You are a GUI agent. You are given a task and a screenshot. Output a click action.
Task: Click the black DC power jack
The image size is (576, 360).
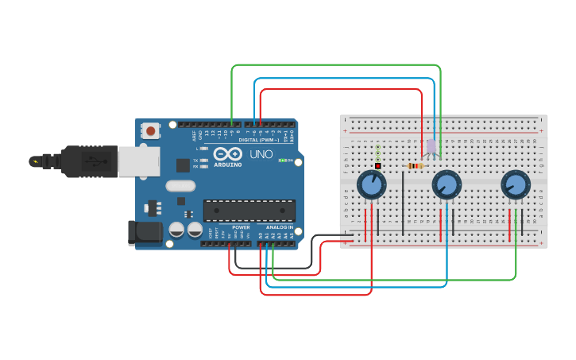[144, 232]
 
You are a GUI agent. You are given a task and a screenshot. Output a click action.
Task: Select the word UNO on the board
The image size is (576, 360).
[261, 153]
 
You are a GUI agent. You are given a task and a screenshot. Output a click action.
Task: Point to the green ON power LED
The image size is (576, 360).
[281, 161]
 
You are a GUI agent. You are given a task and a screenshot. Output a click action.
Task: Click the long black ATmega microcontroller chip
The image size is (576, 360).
[249, 210]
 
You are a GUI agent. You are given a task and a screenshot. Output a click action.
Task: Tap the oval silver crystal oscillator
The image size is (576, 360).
[180, 186]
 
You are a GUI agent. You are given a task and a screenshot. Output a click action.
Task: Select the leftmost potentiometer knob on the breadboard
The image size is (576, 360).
[371, 184]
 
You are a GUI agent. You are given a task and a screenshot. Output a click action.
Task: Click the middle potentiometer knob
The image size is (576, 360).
[446, 185]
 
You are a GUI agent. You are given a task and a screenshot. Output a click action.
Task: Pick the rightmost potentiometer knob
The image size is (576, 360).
[516, 184]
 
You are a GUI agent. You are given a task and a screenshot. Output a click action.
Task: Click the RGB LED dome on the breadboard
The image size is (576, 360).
[431, 146]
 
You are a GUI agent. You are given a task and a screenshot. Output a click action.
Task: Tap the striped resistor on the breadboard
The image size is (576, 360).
[415, 166]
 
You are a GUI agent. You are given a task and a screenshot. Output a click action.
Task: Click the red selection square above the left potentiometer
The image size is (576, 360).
[377, 166]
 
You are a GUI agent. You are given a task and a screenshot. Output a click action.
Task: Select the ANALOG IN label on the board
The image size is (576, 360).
[279, 227]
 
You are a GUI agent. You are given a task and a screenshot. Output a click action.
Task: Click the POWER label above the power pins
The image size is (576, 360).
[241, 227]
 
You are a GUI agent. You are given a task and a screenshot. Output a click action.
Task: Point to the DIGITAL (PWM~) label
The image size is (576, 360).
[258, 139]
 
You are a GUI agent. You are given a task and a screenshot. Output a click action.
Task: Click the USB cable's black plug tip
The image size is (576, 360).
[35, 161]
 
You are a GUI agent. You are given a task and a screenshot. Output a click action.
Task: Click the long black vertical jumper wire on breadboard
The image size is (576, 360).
[403, 203]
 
